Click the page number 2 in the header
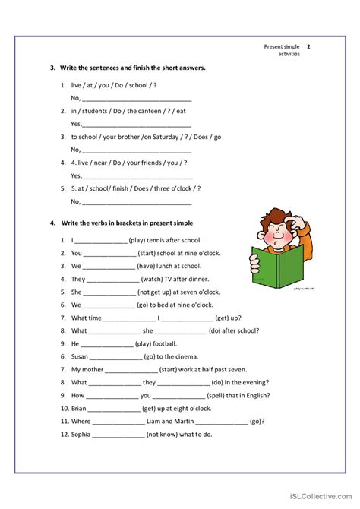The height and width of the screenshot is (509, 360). click(308, 46)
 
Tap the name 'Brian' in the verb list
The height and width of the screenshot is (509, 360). click(79, 408)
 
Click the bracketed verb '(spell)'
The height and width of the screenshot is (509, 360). click(219, 395)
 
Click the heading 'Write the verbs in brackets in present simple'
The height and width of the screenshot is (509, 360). click(132, 223)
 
